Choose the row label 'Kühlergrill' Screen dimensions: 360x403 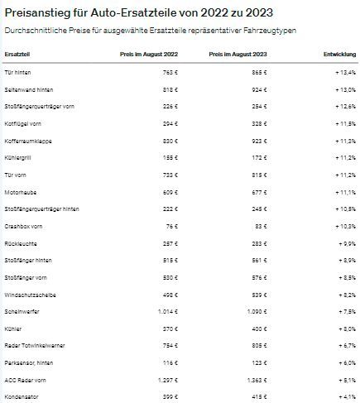(x=20, y=157)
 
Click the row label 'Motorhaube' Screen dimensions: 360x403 (x=21, y=191)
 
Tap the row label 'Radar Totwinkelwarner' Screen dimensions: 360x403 (x=34, y=344)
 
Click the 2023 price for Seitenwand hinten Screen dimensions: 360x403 (x=266, y=89)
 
